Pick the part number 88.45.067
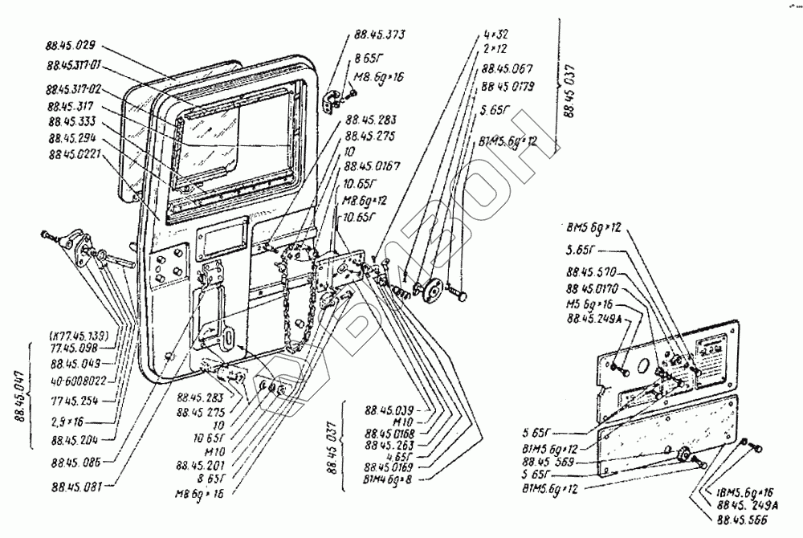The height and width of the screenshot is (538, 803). click(507, 69)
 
